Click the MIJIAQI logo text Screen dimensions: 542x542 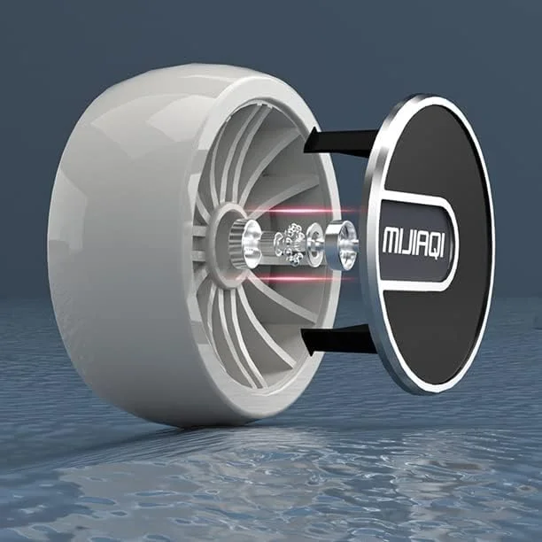413,240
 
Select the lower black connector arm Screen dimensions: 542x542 338,340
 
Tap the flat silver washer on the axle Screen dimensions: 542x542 314,244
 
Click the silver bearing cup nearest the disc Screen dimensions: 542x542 340,245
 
